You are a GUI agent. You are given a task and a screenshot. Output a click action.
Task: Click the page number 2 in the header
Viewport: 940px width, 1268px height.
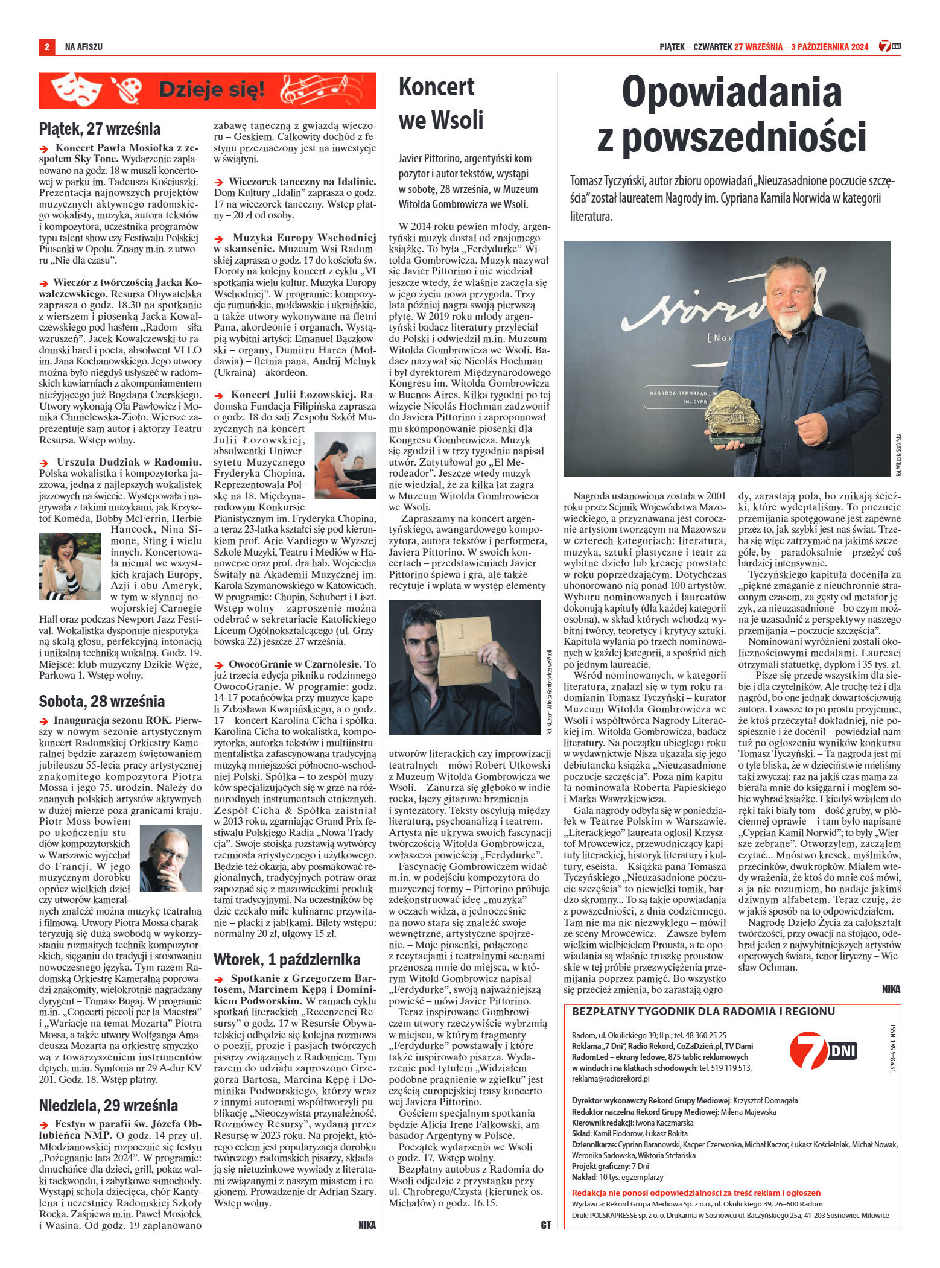(x=46, y=46)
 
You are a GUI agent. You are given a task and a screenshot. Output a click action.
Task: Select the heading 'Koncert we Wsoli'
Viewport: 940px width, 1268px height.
(x=441, y=104)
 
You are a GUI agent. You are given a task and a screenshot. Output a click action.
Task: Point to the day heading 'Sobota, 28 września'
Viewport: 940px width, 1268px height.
(x=101, y=702)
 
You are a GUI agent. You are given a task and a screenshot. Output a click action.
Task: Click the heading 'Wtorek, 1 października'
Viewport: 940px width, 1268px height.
(x=287, y=959)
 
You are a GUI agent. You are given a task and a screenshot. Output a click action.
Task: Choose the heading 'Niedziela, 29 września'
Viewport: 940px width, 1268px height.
(x=108, y=1106)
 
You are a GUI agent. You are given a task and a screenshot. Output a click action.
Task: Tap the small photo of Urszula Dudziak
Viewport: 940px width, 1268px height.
(x=70, y=564)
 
